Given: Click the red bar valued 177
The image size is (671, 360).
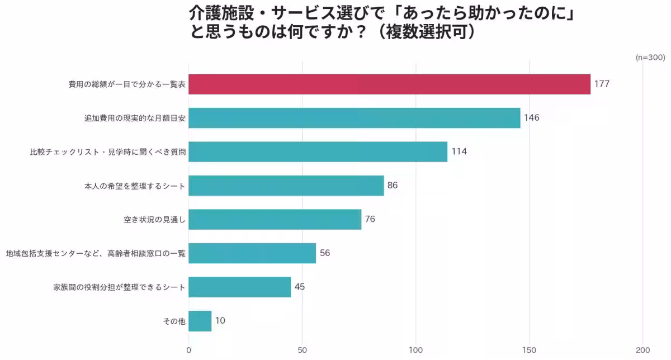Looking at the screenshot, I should click(389, 84).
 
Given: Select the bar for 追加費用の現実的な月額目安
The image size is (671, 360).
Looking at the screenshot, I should click(354, 118).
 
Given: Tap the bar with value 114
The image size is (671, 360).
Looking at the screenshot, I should click(318, 151).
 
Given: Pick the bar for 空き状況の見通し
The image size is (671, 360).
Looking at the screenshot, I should click(275, 219).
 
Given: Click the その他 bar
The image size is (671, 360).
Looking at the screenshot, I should click(200, 321).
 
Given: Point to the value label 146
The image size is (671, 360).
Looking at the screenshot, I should click(531, 118).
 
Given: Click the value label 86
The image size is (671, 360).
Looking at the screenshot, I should click(393, 185).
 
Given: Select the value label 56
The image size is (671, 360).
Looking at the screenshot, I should click(325, 253).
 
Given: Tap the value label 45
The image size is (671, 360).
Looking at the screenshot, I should click(300, 287).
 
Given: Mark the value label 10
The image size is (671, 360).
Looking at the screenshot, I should click(220, 321).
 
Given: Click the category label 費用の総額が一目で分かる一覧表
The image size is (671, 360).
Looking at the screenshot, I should click(127, 84).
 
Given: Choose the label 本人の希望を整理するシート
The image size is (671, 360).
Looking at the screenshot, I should click(135, 186).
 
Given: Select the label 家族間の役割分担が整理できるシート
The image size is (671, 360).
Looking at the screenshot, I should click(119, 287).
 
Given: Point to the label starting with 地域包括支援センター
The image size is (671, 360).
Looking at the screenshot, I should click(96, 253).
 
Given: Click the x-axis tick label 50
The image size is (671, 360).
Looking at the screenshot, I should click(303, 350).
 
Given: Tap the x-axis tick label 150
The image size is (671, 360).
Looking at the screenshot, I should click(529, 350).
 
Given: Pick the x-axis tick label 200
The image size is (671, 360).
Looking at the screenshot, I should click(643, 350).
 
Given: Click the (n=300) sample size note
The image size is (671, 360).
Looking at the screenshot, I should click(650, 58).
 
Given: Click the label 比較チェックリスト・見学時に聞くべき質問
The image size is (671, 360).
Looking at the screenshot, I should click(107, 152).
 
